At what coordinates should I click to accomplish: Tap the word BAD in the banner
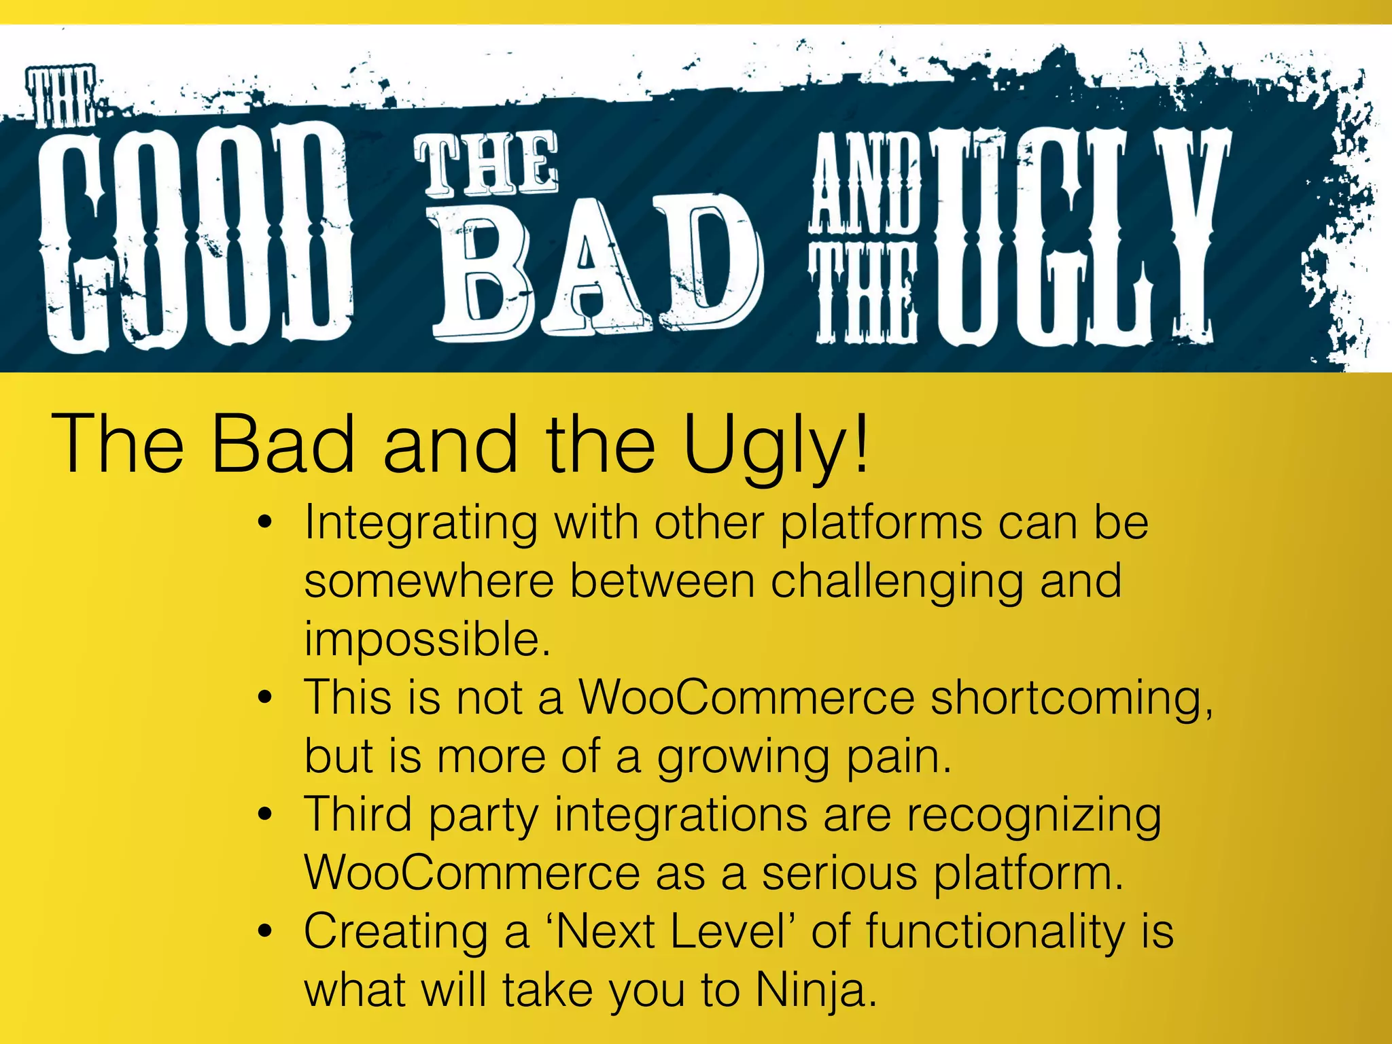tap(598, 268)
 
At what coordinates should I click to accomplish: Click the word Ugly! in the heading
tap(775, 445)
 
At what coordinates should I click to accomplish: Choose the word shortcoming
tap(1071, 699)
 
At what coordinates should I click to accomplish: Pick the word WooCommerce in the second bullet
tap(746, 698)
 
